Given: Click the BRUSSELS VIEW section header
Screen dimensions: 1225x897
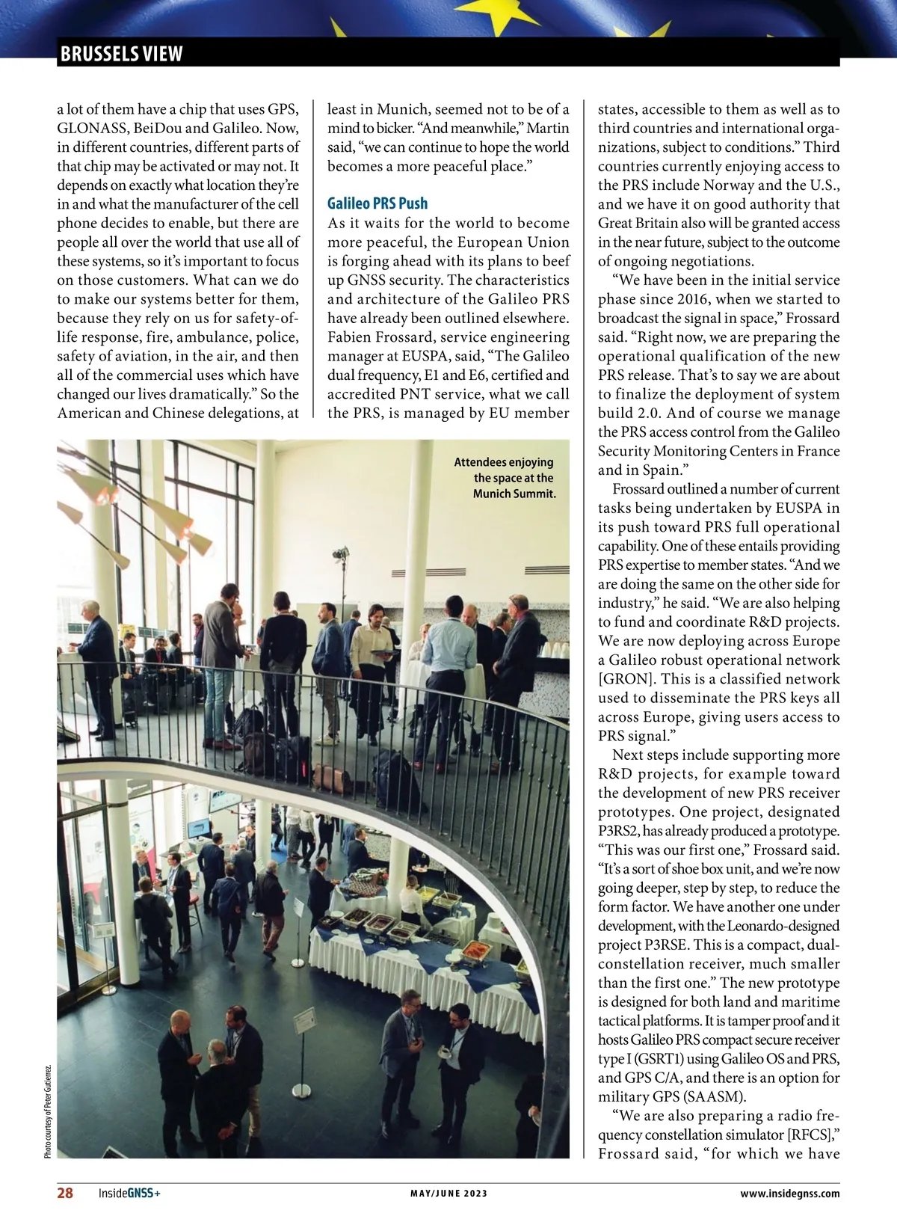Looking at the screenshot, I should (121, 54).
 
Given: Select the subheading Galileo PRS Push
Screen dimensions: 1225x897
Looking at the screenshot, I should (377, 203).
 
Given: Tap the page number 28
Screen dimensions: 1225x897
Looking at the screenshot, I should (66, 1193).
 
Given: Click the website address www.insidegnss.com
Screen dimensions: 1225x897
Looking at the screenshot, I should (789, 1194).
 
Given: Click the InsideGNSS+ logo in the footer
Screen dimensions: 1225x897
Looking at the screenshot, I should (129, 1194).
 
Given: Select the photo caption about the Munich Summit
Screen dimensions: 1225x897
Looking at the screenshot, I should (505, 478).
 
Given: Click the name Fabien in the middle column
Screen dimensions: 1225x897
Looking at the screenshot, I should (354, 337).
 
